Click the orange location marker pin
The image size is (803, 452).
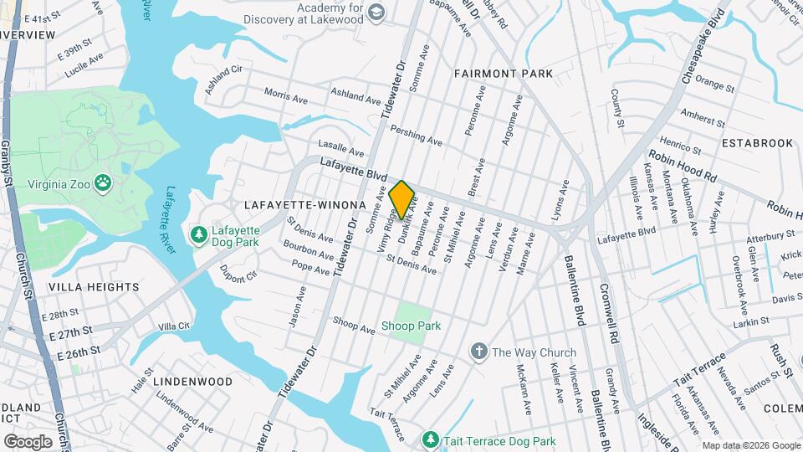[x=401, y=199]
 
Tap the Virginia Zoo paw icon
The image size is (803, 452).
[x=103, y=182]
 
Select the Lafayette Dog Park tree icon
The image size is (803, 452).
[x=198, y=236]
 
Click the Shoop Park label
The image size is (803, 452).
[x=411, y=326]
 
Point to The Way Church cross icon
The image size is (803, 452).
[x=479, y=352]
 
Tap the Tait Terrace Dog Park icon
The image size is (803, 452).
[x=430, y=439]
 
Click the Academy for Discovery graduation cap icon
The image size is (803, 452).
[x=376, y=11]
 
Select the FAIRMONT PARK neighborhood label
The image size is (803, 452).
[x=504, y=74]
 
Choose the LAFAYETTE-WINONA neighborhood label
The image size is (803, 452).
[x=305, y=205]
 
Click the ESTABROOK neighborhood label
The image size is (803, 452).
[x=757, y=143]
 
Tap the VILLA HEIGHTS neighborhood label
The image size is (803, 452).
[x=94, y=287]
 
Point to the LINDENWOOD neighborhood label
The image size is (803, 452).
[x=193, y=382]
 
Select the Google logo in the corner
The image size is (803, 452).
[x=28, y=441]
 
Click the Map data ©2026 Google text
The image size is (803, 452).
[x=750, y=445]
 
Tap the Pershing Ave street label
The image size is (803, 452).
[x=417, y=136]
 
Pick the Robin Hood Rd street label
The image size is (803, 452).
[x=683, y=166]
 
